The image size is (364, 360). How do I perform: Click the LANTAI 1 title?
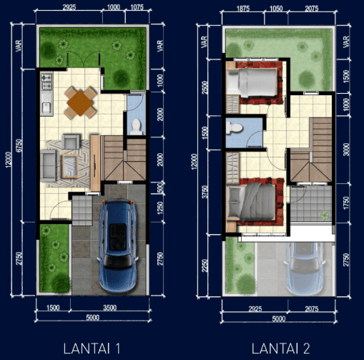pyautogui.click(x=92, y=349)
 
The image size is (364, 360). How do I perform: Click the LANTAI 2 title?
pyautogui.click(x=280, y=349)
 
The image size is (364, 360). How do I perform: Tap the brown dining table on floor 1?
pyautogui.click(x=80, y=103)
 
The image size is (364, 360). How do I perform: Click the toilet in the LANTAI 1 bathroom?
pyautogui.click(x=136, y=127)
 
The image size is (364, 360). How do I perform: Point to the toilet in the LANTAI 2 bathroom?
pyautogui.click(x=235, y=127)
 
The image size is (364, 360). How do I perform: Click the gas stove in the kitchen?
pyautogui.click(x=46, y=82)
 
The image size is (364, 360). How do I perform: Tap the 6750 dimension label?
pyautogui.click(x=19, y=145)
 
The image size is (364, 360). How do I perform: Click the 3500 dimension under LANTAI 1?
pyautogui.click(x=109, y=308)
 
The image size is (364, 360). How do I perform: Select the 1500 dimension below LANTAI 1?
pyautogui.click(x=53, y=308)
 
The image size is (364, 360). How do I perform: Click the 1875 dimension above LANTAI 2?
pyautogui.click(x=243, y=9)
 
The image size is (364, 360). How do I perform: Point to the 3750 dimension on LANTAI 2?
pyautogui.click(x=205, y=192)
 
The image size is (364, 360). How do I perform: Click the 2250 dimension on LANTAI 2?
pyautogui.click(x=205, y=266)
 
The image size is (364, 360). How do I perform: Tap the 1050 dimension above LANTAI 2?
pyautogui.click(x=276, y=9)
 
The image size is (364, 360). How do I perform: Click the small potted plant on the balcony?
pyautogui.click(x=325, y=215)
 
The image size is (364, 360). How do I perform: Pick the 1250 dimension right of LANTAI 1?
pyautogui.click(x=160, y=208)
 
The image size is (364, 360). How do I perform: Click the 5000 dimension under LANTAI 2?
pyautogui.click(x=279, y=319)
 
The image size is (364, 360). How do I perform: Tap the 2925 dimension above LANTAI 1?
pyautogui.click(x=69, y=7)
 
